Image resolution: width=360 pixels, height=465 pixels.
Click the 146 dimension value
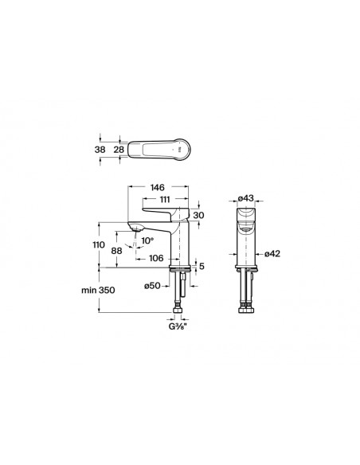(x=157, y=187)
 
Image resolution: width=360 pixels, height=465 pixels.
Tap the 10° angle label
(x=147, y=240)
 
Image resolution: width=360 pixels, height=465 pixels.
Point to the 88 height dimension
(x=116, y=251)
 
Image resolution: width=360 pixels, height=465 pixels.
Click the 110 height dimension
(x=99, y=245)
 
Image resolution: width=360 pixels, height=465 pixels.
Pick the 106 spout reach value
(x=156, y=258)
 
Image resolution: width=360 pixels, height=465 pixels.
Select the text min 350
(x=98, y=290)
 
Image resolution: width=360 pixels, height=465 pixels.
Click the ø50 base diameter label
(x=152, y=286)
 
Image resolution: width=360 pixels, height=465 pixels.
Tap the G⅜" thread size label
(x=178, y=327)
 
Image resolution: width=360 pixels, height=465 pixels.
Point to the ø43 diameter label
(x=246, y=197)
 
